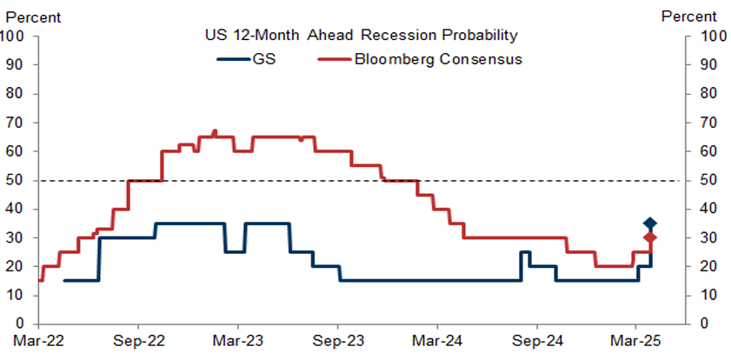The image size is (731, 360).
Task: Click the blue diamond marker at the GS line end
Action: click(649, 223)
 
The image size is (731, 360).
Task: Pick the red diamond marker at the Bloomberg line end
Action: click(649, 237)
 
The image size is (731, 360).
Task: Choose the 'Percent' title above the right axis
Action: click(689, 16)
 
